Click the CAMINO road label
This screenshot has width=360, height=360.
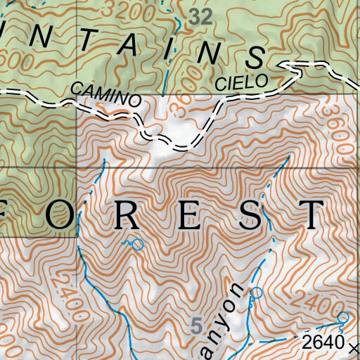pyautogui.click(x=105, y=95)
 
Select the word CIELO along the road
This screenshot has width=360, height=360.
pyautogui.click(x=241, y=82)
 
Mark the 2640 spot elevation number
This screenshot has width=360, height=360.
pyautogui.click(x=323, y=343)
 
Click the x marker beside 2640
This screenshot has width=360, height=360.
pyautogui.click(x=352, y=346)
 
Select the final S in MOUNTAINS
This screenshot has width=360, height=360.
pyautogui.click(x=255, y=58)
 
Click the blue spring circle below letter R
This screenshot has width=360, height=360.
pyautogui.click(x=137, y=245)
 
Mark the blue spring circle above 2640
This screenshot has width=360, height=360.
pyautogui.click(x=342, y=318)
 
